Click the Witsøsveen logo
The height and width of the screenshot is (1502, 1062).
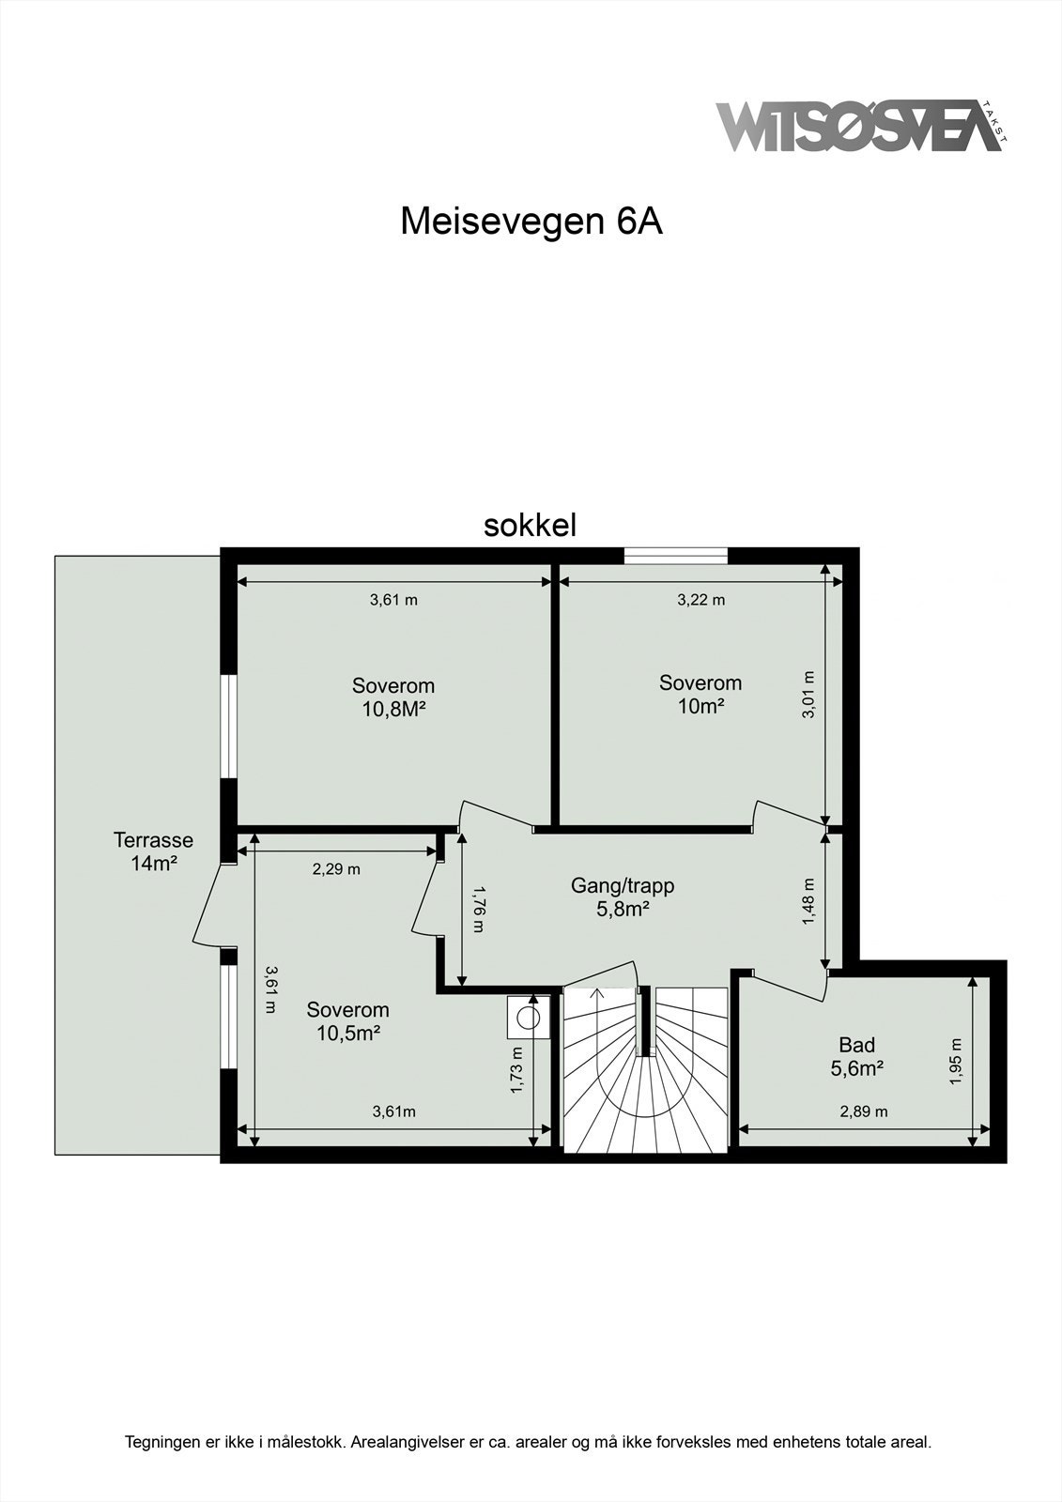point(859,127)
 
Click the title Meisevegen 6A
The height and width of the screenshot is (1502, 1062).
point(531,222)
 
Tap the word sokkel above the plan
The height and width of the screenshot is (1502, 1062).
point(530,526)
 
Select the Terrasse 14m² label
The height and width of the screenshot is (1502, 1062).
point(153,851)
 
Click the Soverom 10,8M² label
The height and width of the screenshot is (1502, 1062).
point(393,697)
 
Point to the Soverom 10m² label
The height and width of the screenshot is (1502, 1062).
point(700,695)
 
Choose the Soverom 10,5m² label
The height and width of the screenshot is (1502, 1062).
point(347,1021)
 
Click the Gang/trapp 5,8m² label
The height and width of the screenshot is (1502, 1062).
point(623,897)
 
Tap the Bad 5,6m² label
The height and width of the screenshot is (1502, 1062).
point(856,1056)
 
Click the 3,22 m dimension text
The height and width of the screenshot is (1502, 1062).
point(700,600)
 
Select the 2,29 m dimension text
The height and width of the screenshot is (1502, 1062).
point(336,869)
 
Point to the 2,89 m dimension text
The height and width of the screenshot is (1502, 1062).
point(863,1111)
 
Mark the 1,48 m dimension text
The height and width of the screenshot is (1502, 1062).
point(808,902)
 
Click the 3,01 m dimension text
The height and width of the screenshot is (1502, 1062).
point(808,695)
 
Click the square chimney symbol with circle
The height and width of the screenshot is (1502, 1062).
point(528,1018)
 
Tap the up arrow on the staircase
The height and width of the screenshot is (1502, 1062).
point(596,997)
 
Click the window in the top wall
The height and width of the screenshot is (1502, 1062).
point(676,556)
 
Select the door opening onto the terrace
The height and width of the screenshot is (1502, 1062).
point(211,906)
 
